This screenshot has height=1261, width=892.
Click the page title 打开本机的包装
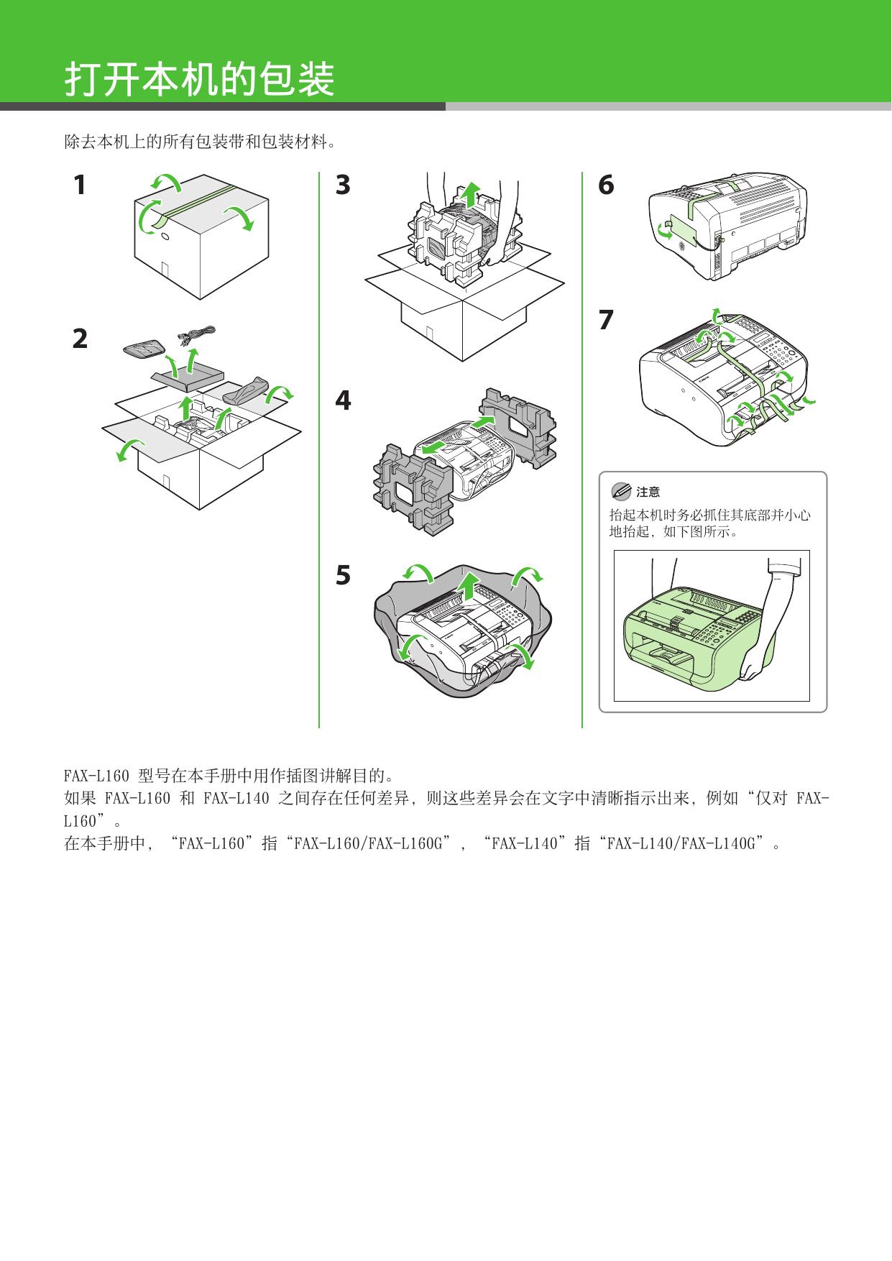point(200,79)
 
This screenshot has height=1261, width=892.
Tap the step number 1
point(80,185)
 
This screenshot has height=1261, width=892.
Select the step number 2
point(80,339)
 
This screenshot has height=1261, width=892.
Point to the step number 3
point(343,185)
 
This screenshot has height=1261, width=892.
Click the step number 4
point(343,400)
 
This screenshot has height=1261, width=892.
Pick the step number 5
point(343,575)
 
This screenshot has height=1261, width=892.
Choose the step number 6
point(606,185)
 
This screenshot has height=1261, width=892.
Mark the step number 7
point(606,320)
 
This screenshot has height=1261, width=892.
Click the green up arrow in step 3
point(470,193)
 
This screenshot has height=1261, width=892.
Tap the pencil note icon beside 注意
point(620,492)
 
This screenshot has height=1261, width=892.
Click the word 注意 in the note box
point(648,492)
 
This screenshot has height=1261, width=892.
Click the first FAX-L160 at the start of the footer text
point(96,776)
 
